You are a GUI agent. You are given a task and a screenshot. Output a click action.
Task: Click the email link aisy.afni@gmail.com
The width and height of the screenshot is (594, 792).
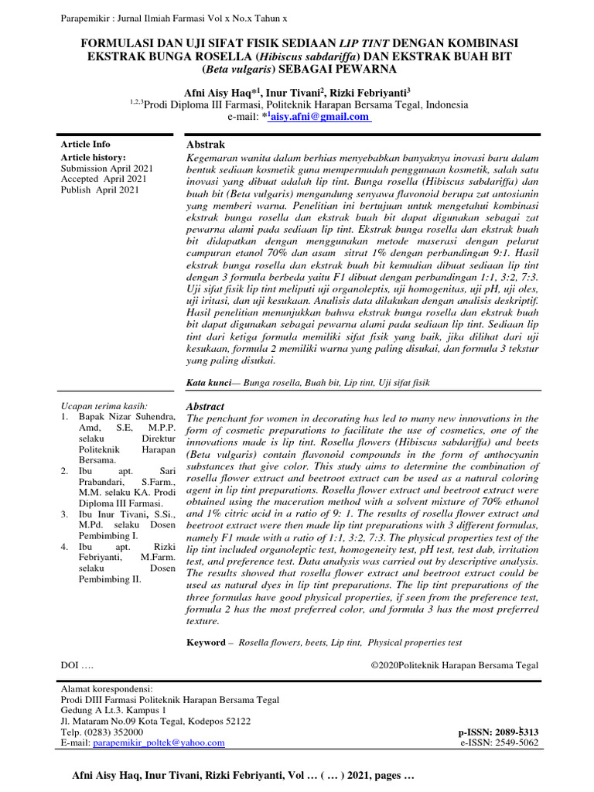click(319, 116)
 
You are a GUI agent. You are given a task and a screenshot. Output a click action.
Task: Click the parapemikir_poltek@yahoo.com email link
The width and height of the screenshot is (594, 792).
click(159, 742)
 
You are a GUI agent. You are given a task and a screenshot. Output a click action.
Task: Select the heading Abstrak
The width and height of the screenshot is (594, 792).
click(207, 145)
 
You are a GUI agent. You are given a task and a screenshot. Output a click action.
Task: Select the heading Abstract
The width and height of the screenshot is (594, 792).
click(207, 406)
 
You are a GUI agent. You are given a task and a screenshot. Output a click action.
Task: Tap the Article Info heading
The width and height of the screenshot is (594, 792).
click(85, 145)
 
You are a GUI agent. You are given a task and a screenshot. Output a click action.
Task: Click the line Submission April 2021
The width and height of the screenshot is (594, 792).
click(107, 168)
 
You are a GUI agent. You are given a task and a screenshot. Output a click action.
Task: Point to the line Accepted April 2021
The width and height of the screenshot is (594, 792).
click(102, 179)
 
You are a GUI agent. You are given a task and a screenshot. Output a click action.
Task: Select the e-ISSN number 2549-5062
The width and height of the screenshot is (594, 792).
click(513, 742)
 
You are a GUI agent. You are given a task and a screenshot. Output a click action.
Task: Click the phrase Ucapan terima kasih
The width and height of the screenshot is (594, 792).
click(104, 406)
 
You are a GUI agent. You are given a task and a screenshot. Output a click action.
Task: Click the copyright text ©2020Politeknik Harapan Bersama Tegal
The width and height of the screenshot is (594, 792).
click(454, 665)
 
